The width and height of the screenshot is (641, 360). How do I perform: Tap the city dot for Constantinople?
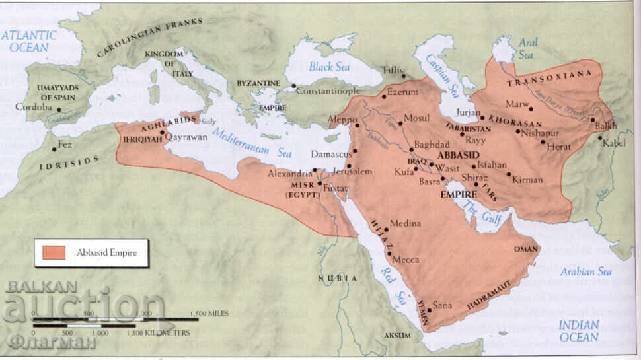pos(294,86)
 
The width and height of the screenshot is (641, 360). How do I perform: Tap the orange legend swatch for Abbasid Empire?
pos(54,252)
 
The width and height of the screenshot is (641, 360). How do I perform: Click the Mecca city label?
pos(406,260)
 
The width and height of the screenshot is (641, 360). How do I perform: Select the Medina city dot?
pos(387,230)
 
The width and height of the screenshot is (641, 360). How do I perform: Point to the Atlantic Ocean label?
pos(28,42)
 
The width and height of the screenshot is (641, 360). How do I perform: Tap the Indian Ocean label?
pos(579,331)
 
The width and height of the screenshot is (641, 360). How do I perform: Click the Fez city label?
pos(65,144)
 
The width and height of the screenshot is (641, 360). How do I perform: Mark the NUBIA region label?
pos(338,279)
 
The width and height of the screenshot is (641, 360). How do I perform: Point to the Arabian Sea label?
pos(585,271)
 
